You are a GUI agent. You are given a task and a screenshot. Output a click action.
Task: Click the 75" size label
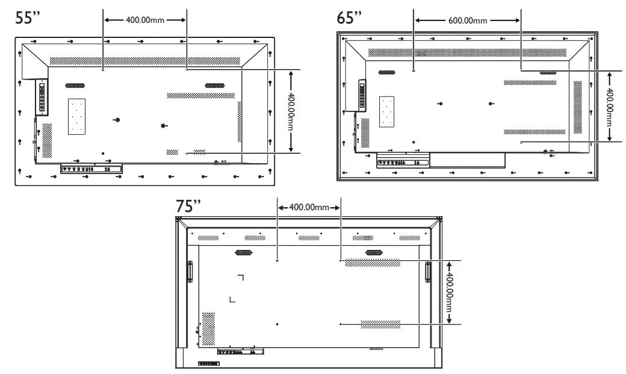(188, 206)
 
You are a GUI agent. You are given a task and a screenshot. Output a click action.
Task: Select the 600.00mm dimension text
(468, 20)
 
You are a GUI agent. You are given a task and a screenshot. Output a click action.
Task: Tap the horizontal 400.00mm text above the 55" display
(145, 20)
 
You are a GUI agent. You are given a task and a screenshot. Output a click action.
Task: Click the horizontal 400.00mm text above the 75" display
(309, 207)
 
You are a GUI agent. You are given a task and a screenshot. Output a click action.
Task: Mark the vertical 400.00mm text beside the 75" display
(450, 291)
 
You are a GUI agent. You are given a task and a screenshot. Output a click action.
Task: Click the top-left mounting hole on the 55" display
(104, 70)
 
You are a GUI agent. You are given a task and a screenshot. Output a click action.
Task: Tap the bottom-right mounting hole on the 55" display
(187, 154)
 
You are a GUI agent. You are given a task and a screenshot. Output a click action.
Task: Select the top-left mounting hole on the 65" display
(414, 70)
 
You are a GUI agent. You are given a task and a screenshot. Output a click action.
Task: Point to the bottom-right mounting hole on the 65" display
(521, 142)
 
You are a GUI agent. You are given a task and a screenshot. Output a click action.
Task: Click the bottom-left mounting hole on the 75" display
(277, 324)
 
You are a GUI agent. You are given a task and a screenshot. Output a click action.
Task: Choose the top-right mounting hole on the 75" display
(341, 260)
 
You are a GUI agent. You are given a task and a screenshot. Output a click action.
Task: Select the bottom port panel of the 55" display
(91, 169)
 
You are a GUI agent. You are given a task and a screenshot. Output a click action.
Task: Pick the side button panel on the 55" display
(42, 98)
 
